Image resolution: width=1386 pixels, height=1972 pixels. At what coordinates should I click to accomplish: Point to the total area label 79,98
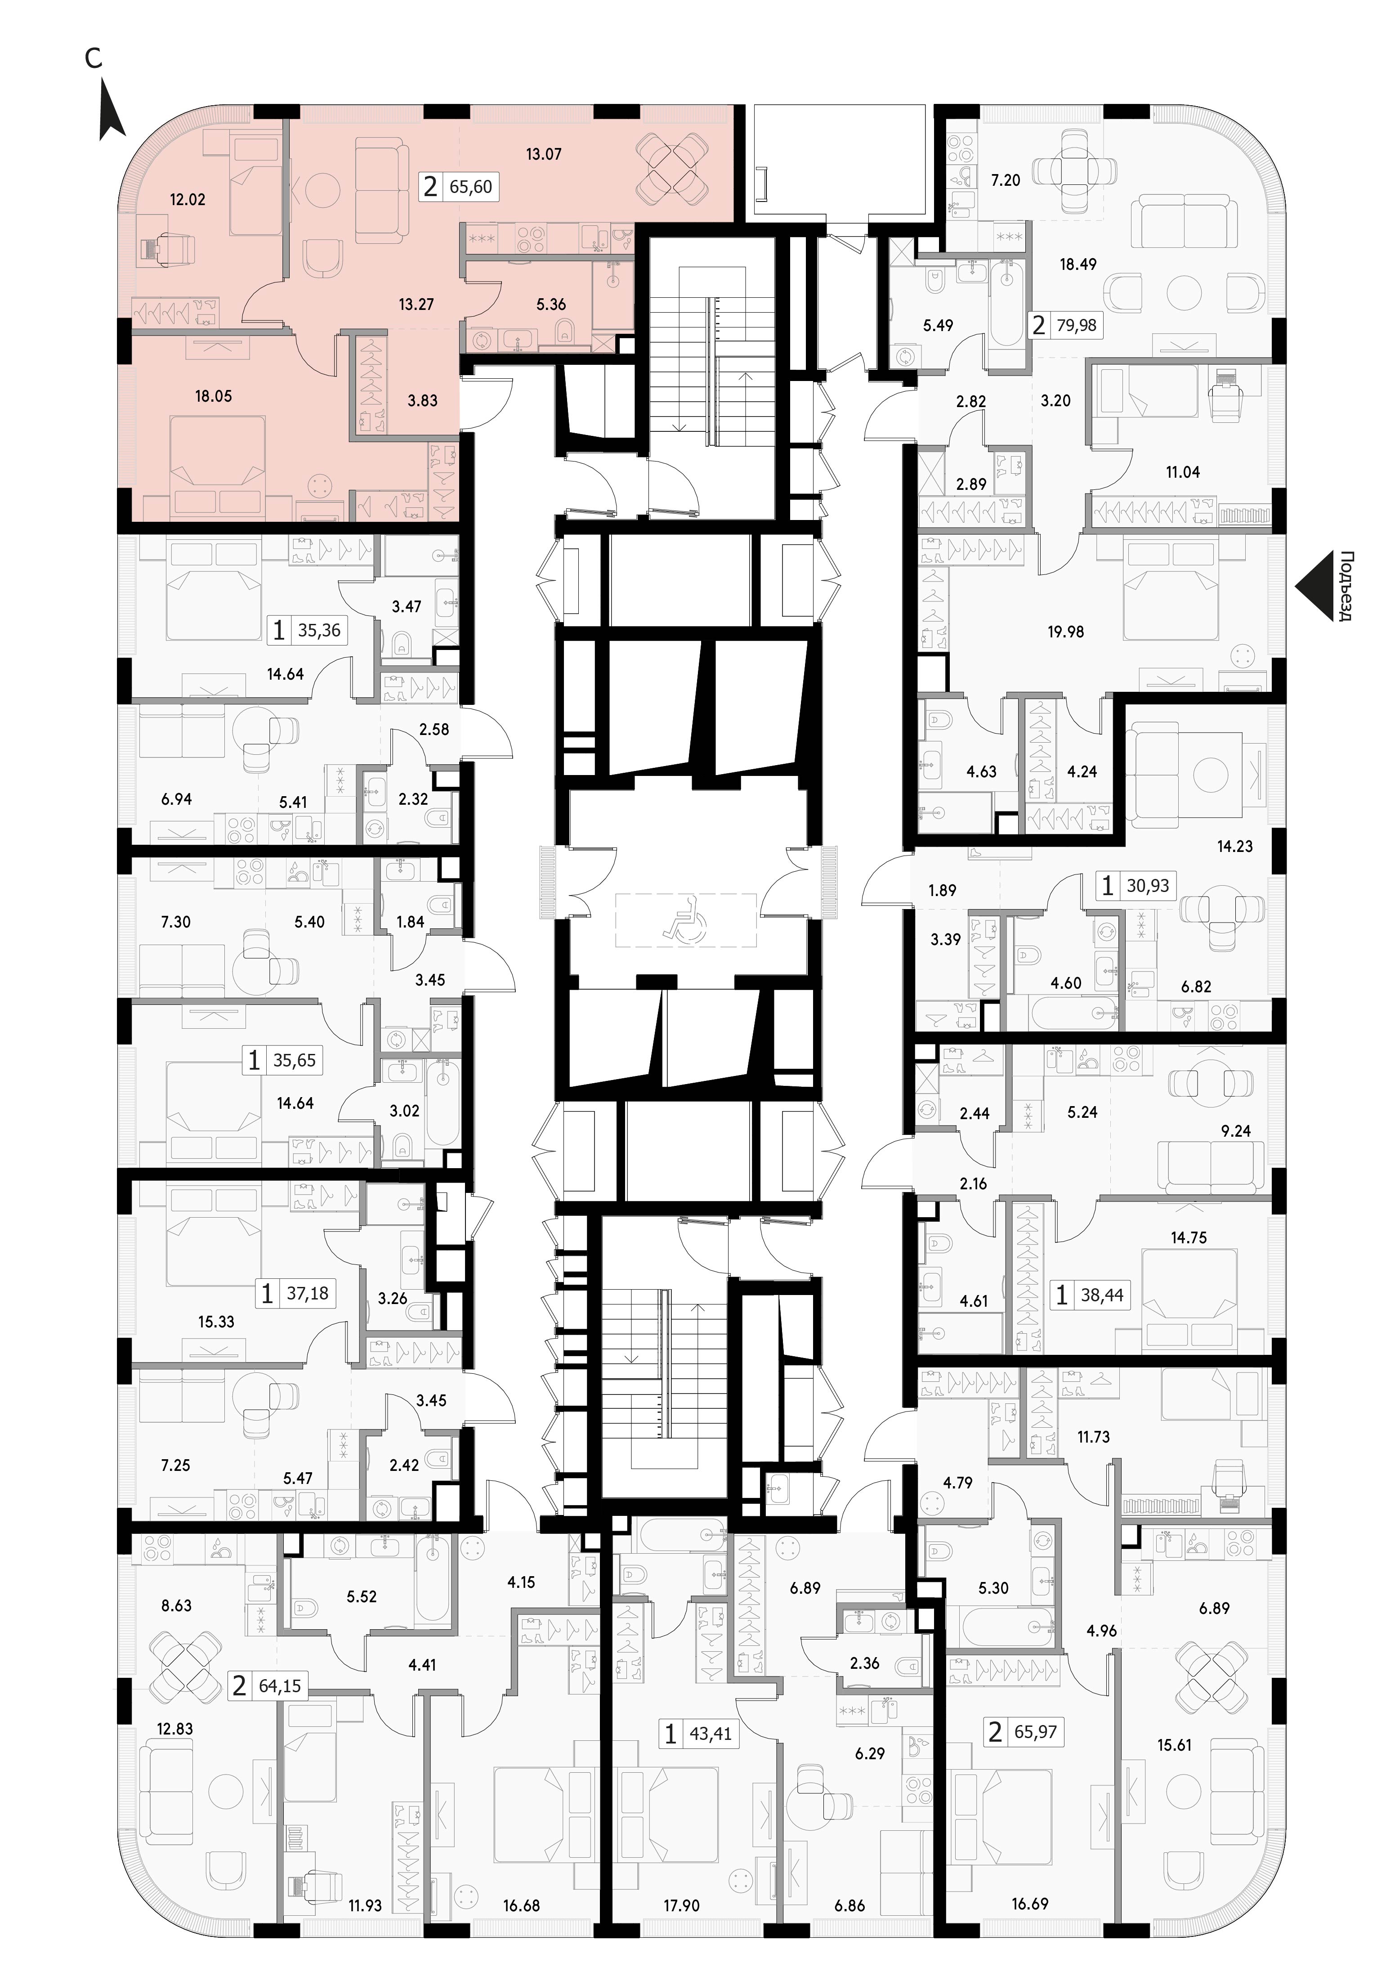pyautogui.click(x=1077, y=326)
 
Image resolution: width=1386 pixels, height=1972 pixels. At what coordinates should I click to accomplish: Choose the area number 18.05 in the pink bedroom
pyautogui.click(x=213, y=396)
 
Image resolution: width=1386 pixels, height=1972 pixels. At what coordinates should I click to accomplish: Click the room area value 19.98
pyautogui.click(x=1066, y=631)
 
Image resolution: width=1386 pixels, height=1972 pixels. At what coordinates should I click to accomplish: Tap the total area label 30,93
pyautogui.click(x=1148, y=886)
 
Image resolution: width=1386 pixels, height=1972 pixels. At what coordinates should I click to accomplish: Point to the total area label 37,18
pyautogui.click(x=308, y=1293)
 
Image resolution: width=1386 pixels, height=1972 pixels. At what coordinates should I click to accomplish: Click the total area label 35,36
pyautogui.click(x=319, y=631)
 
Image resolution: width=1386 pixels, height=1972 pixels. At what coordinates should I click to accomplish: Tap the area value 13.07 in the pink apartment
pyautogui.click(x=544, y=155)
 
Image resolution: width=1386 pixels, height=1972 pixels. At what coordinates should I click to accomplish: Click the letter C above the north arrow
pyautogui.click(x=94, y=58)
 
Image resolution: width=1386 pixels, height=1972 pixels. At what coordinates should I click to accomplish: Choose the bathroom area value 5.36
pyautogui.click(x=551, y=304)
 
